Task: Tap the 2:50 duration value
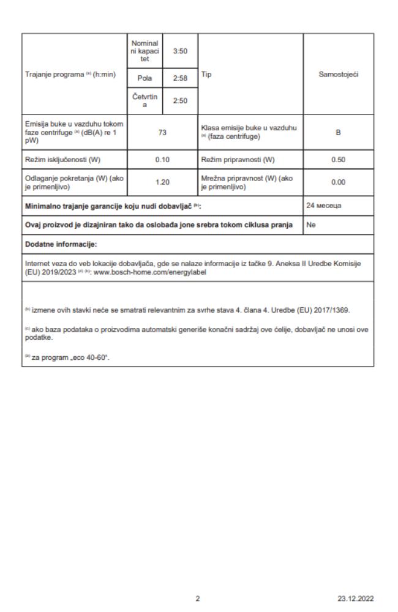pyautogui.click(x=180, y=101)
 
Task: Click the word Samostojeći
pyautogui.click(x=339, y=74)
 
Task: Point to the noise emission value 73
pyautogui.click(x=162, y=133)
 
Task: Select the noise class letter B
pyautogui.click(x=339, y=133)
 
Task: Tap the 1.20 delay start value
pyautogui.click(x=162, y=182)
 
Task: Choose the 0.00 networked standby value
pyautogui.click(x=339, y=182)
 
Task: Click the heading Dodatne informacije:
pyautogui.click(x=53, y=244)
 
